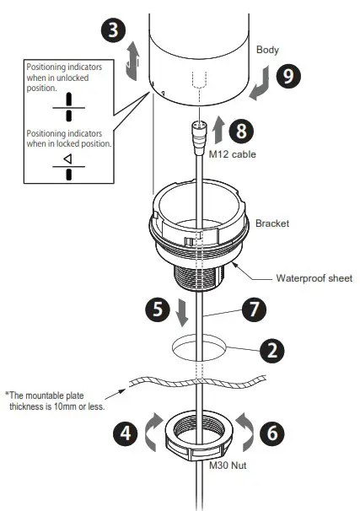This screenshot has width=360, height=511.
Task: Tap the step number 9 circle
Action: click(x=287, y=77)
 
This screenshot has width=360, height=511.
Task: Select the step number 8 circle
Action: click(x=241, y=131)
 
